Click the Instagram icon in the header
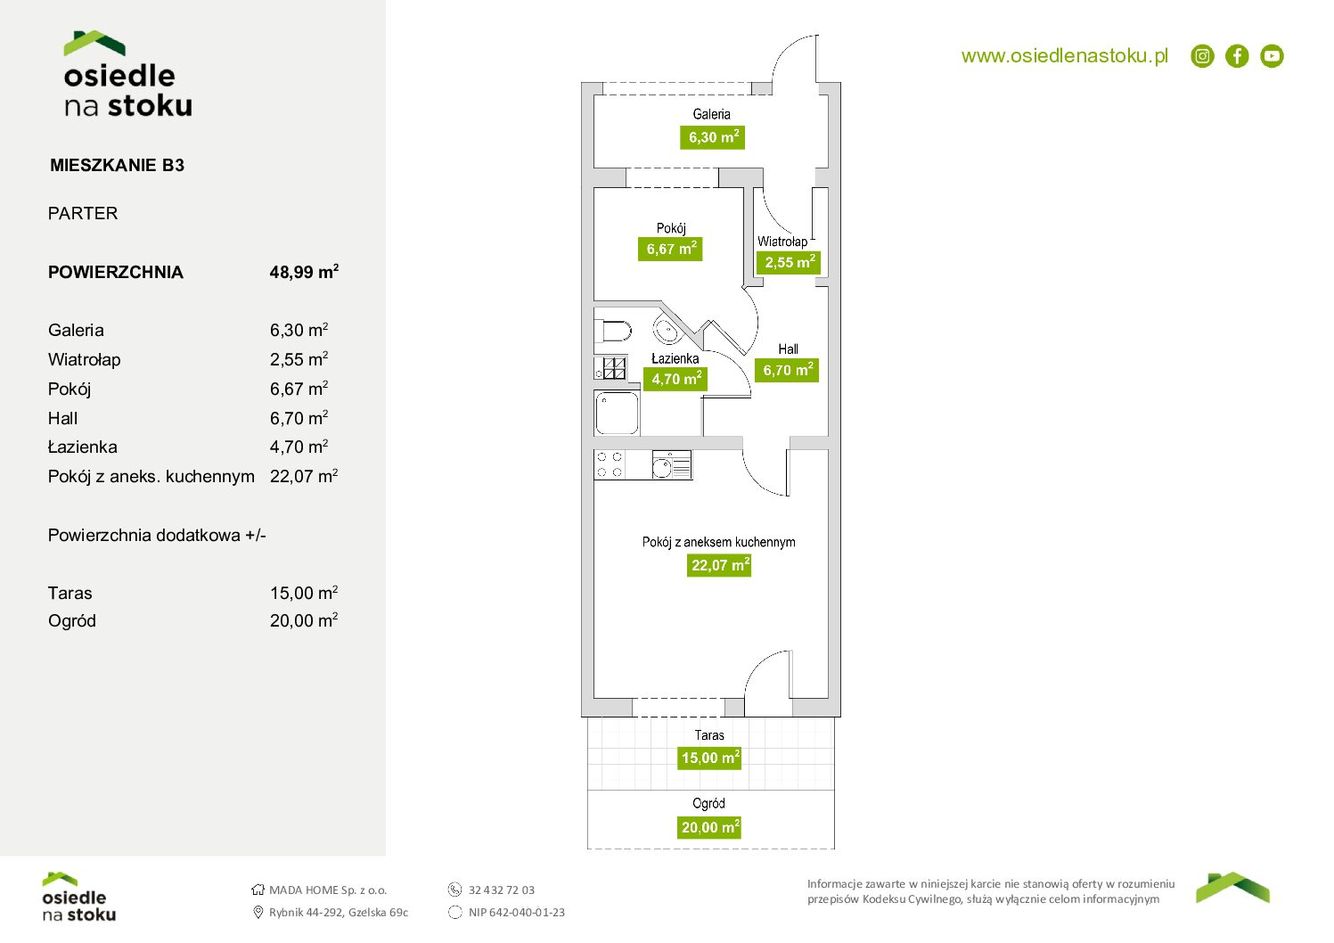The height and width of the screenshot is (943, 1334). (x=1202, y=56)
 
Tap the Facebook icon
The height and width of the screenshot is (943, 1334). (x=1237, y=56)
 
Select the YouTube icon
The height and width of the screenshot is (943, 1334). (x=1272, y=56)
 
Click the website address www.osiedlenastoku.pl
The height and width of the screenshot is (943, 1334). (x=1065, y=56)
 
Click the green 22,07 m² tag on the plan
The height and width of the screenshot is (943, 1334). (x=719, y=565)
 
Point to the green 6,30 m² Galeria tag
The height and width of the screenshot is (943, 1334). (x=712, y=137)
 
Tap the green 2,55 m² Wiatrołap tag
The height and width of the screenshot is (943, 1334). (x=789, y=262)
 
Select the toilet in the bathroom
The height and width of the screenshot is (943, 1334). (x=613, y=332)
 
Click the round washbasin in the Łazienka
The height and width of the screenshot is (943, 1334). (x=667, y=330)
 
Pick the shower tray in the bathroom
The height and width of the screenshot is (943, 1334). (x=617, y=413)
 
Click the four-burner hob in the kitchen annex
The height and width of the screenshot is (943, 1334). (x=610, y=464)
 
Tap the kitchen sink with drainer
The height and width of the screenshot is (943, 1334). (x=672, y=464)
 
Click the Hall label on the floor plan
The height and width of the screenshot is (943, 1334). (x=788, y=349)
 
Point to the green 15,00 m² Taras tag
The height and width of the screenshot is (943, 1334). (x=709, y=758)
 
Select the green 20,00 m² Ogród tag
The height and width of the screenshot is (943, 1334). (x=709, y=827)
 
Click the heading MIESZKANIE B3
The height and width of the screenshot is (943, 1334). (x=118, y=165)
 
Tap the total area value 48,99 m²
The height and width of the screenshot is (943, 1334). (x=304, y=272)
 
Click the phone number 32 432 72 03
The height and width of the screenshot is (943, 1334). (x=502, y=890)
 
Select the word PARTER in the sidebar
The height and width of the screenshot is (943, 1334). (x=83, y=213)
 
